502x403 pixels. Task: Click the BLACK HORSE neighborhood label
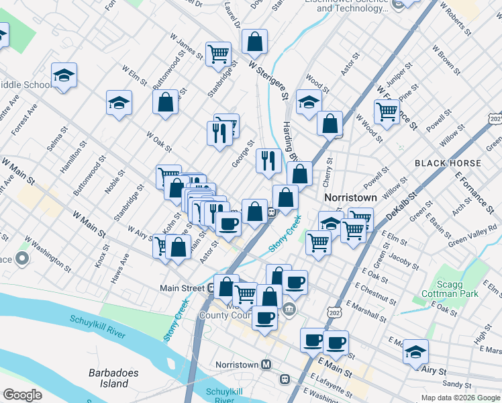coord(448,163)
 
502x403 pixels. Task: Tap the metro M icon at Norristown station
coord(266,364)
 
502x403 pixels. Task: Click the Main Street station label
coord(181,288)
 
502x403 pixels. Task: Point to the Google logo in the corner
coord(22,395)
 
